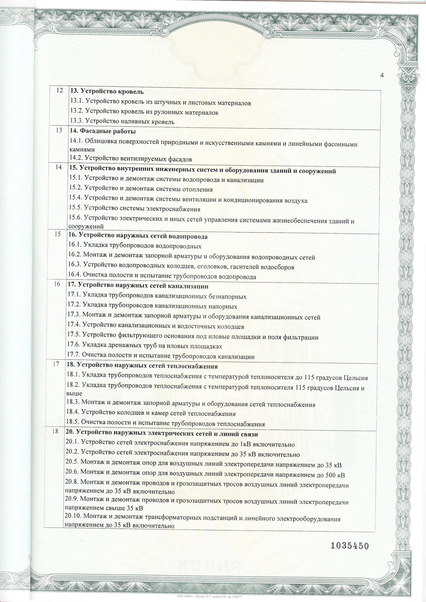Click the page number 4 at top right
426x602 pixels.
pos(382,76)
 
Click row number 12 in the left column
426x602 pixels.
pos(60,90)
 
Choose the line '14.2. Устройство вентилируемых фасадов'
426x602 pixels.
pos(131,159)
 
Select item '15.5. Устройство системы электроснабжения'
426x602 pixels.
pos(134,209)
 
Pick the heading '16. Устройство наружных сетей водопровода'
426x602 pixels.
pos(138,237)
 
